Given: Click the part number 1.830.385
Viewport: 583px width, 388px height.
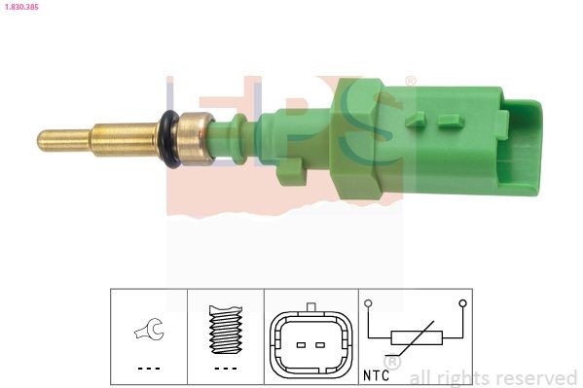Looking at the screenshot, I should pos(20,7).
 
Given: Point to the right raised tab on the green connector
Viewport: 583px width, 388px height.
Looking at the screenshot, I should pos(449,122).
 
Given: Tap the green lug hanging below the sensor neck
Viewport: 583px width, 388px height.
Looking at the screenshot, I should pos(290,172).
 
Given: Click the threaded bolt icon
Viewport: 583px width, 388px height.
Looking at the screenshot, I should pos(225,329).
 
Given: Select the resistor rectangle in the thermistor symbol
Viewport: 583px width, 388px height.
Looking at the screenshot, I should pos(417,337).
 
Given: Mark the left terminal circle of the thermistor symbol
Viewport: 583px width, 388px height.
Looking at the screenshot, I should pos(370,303).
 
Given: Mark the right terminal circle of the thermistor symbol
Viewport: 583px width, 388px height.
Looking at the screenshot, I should pos(461,303).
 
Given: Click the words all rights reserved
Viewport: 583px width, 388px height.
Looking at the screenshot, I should pos(492,377).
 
